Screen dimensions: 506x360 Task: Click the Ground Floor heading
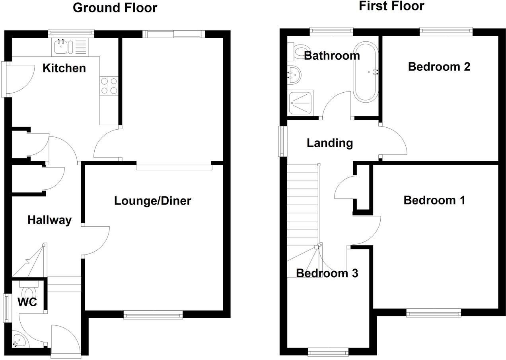[115, 8]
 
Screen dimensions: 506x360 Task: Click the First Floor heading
[391, 6]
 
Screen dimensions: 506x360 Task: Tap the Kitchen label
[64, 68]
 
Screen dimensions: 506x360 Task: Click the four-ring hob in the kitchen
[109, 86]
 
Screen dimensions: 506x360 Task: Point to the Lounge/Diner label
[153, 201]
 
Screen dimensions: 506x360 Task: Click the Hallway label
[49, 220]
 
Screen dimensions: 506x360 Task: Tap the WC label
[27, 302]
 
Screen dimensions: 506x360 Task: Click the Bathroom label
[332, 56]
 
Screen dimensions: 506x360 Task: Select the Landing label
[330, 142]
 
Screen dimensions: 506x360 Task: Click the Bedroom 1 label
[434, 200]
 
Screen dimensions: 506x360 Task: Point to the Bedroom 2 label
[439, 66]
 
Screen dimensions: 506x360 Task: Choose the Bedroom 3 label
[327, 273]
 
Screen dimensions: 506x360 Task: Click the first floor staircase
[303, 207]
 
